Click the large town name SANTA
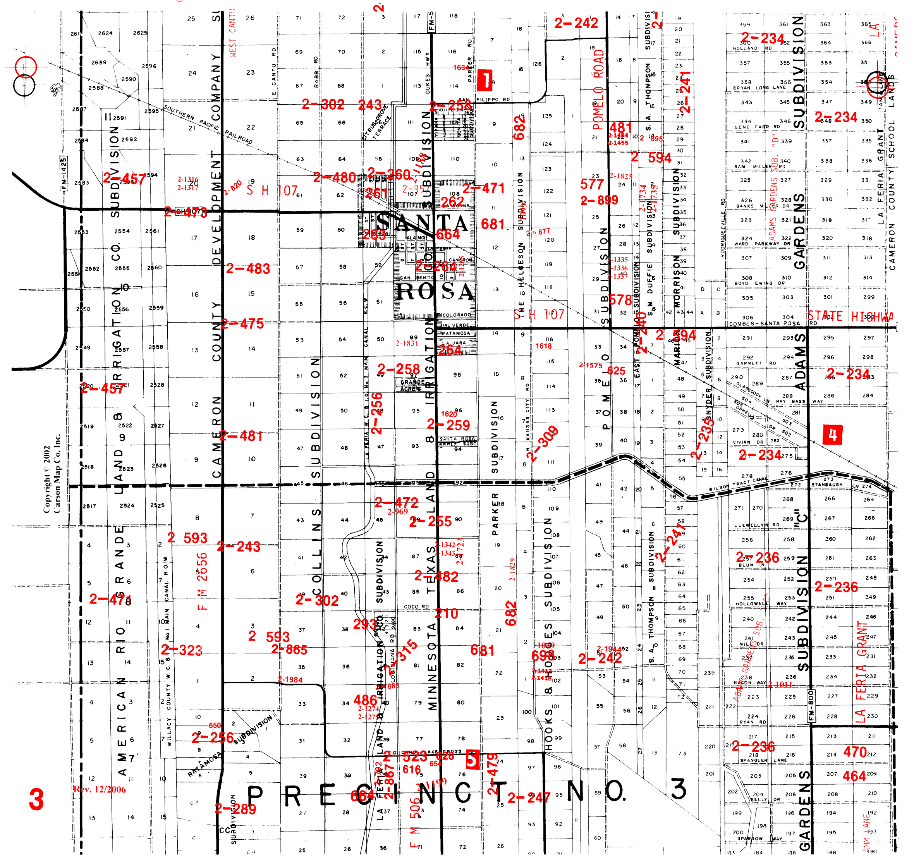[x=422, y=223]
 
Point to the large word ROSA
[x=435, y=292]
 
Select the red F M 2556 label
[x=202, y=581]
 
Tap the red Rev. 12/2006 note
[x=100, y=790]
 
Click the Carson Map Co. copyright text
[x=52, y=473]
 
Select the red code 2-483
[x=248, y=269]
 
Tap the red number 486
[x=366, y=701]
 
